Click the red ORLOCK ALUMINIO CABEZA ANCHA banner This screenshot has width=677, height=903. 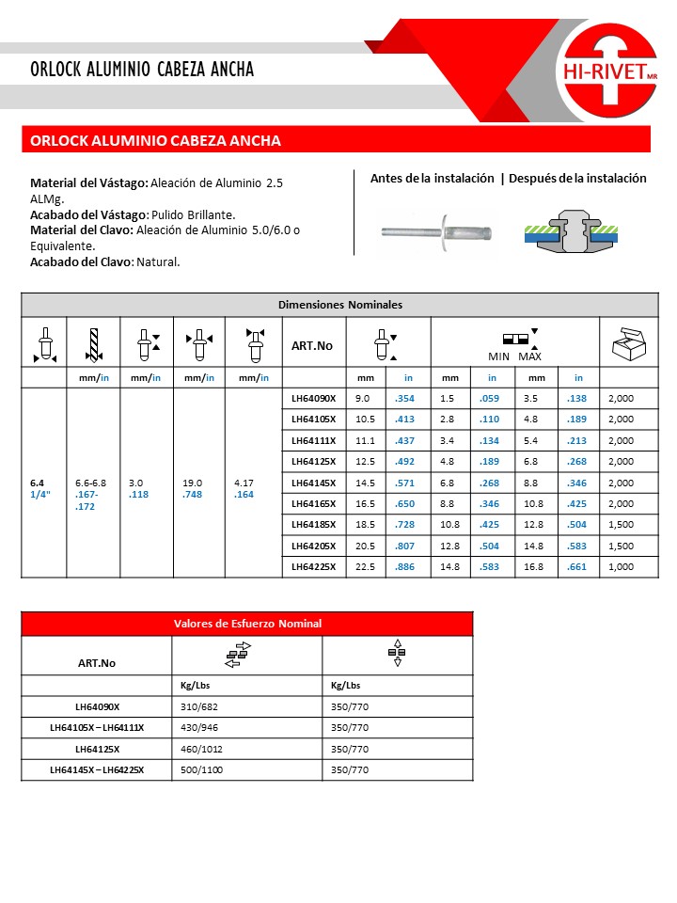(x=336, y=140)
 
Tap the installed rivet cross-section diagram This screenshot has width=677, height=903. (x=572, y=231)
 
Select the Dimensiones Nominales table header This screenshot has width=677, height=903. (x=339, y=305)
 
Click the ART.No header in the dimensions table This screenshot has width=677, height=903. (x=311, y=346)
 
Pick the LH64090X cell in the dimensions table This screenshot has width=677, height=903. (x=313, y=398)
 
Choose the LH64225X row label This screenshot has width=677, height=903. (x=313, y=566)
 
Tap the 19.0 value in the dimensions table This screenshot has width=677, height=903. (x=191, y=482)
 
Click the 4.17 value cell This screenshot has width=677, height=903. (x=243, y=482)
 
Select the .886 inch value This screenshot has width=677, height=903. (x=406, y=566)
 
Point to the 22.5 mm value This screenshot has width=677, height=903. (x=365, y=566)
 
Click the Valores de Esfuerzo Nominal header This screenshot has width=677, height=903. (x=247, y=624)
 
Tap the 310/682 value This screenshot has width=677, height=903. (x=199, y=705)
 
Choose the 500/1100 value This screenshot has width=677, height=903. (x=202, y=770)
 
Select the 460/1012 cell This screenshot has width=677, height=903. (x=202, y=749)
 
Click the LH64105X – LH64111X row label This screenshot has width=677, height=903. (x=97, y=727)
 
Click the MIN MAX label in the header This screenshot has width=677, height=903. (x=515, y=357)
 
